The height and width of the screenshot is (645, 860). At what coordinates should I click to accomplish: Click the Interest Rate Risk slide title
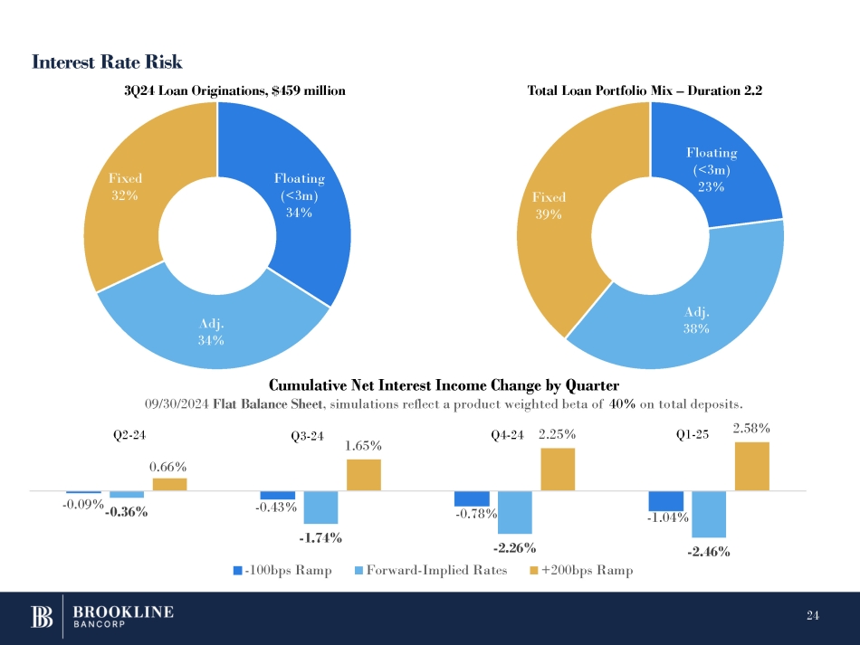pos(107,62)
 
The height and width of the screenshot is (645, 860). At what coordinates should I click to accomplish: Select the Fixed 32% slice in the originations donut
pos(122,194)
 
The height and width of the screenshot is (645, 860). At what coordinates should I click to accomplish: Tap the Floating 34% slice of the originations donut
pos(299,194)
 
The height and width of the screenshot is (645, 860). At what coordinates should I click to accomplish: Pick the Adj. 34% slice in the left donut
pos(211,330)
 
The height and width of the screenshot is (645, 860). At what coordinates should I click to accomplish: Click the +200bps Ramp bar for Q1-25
pos(752,467)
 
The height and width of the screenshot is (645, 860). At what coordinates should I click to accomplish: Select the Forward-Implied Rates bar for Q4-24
pos(514,512)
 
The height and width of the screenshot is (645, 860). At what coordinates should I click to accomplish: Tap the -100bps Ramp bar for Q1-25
pos(665,501)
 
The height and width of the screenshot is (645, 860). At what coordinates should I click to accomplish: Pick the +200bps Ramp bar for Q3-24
pos(364,475)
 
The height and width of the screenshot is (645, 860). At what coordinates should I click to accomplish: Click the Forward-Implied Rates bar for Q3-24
pos(320,507)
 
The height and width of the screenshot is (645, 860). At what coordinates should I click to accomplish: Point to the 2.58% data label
pos(751,425)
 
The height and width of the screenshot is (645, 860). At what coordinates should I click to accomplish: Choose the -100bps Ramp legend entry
pos(283,571)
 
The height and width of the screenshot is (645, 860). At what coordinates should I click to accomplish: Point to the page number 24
pos(812,617)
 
